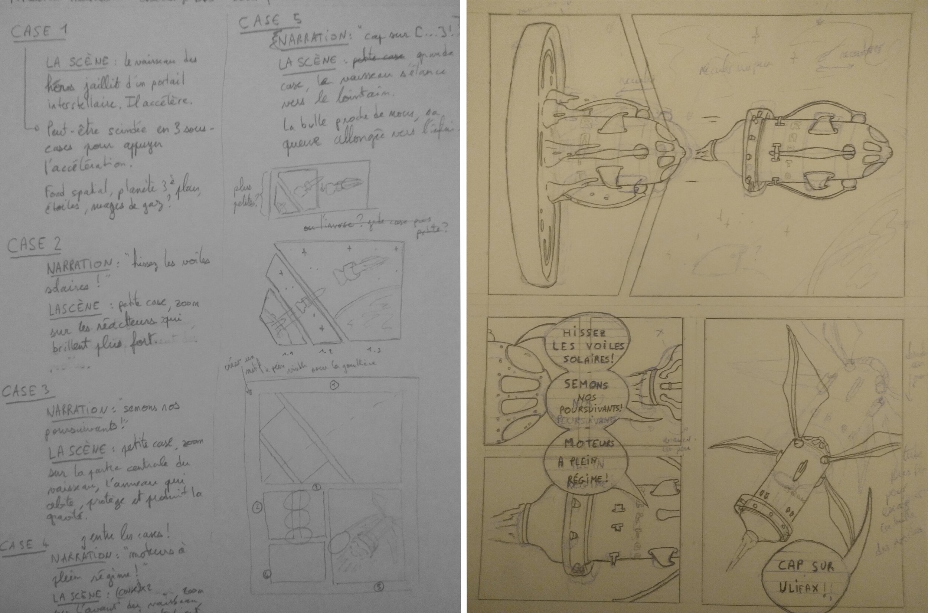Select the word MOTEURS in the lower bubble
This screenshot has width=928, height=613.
coord(584,444)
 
